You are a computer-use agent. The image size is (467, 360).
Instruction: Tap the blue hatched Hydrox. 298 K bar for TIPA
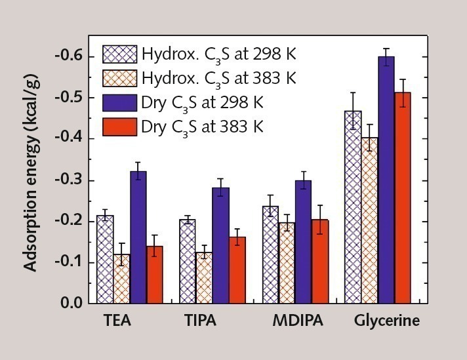tap(188, 262)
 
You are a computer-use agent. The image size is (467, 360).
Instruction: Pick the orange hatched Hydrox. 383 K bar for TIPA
tap(204, 278)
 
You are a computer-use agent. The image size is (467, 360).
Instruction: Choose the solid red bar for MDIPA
tap(320, 262)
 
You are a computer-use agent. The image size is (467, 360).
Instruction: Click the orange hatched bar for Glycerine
tap(370, 220)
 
